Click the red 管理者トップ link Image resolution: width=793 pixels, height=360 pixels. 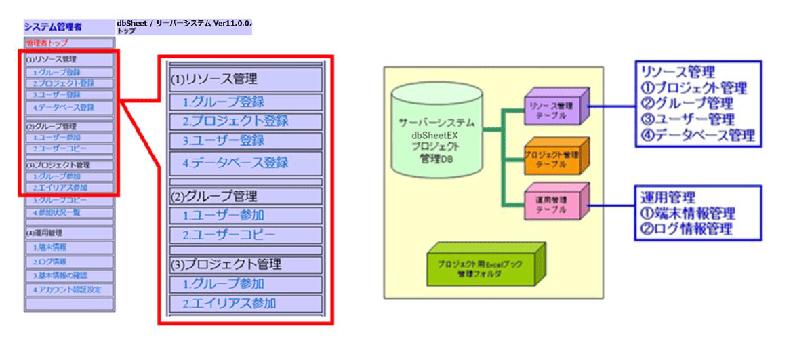[47, 43]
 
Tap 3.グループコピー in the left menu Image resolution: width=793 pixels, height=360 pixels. [60, 201]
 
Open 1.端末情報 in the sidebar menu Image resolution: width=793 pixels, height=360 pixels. [50, 247]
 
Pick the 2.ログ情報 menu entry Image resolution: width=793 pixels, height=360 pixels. [50, 262]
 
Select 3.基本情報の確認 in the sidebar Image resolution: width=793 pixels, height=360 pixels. [60, 276]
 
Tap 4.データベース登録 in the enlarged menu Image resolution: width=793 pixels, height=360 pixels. [236, 163]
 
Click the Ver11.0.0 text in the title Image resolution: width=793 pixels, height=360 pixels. [232, 22]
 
